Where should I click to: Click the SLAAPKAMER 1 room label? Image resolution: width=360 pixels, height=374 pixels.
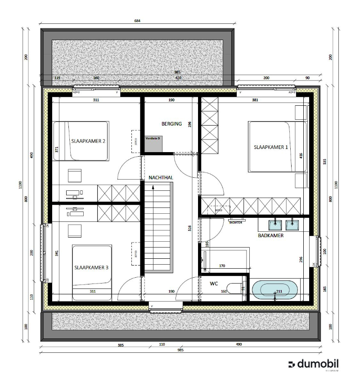tap(271, 147)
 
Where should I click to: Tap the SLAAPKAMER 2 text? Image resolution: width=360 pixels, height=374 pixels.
tap(88, 141)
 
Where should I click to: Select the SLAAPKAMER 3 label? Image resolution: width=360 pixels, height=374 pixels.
tap(91, 267)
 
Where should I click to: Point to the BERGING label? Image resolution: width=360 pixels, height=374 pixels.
tap(172, 123)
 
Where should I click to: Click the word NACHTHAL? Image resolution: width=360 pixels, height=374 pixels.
tap(161, 178)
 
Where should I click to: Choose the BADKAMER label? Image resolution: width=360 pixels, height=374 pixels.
tap(270, 235)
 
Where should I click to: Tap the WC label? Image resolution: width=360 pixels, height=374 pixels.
tap(214, 284)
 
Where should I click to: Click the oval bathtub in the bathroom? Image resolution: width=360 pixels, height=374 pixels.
tap(274, 290)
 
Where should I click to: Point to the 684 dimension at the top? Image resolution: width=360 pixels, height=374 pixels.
tap(138, 21)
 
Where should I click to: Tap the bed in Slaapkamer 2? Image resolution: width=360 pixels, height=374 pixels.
tap(81, 140)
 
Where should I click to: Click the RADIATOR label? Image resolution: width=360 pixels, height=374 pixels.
tap(236, 222)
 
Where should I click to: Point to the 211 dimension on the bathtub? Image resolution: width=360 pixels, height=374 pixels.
tap(279, 292)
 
